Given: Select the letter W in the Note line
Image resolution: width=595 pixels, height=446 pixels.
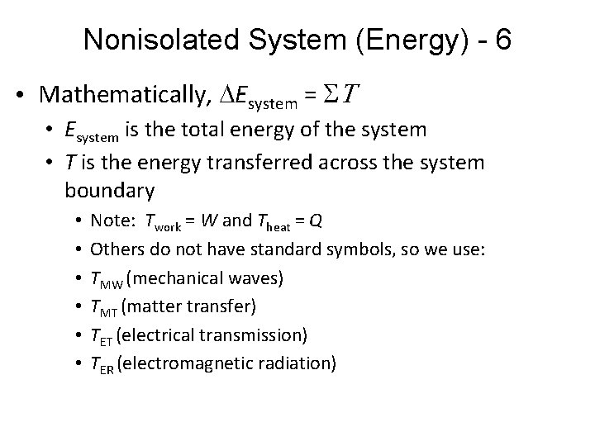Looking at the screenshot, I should click(x=209, y=221).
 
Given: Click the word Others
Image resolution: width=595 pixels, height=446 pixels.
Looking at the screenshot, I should click(x=114, y=249).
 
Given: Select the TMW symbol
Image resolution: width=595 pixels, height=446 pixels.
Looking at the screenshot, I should click(x=104, y=278).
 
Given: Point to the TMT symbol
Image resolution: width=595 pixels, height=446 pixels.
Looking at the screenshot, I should click(x=103, y=307).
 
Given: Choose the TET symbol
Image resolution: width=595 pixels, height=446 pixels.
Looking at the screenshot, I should click(x=102, y=336).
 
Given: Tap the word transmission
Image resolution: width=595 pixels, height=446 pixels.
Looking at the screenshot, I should click(x=258, y=335).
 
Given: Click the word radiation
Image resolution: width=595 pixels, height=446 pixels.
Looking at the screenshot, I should click(x=300, y=363).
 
